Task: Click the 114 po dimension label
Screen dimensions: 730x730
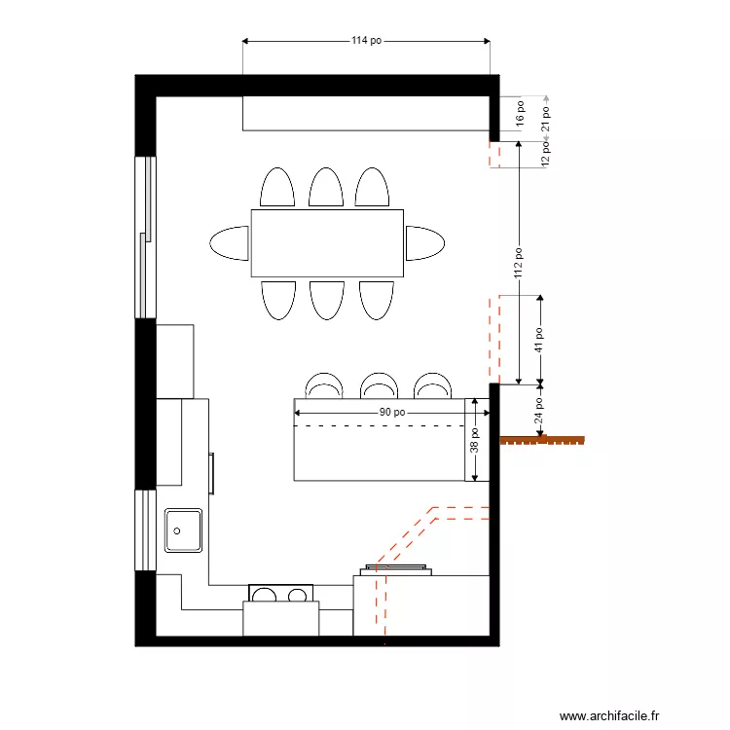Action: tap(366, 41)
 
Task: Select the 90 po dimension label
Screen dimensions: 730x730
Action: tap(392, 412)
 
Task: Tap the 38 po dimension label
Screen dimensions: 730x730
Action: tap(475, 440)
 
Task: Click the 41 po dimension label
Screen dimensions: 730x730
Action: tap(539, 338)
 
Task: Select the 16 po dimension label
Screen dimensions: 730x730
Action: tap(520, 115)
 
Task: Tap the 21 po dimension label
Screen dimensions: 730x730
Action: tap(546, 117)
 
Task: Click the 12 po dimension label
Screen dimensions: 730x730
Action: tap(546, 155)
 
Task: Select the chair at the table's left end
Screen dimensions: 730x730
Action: tap(231, 243)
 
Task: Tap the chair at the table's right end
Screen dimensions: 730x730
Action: tap(425, 243)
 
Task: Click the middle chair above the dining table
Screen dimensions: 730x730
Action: tap(326, 187)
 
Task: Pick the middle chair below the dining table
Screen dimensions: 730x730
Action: tap(327, 300)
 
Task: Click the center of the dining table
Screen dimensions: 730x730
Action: tap(327, 243)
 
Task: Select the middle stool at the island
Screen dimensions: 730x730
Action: tap(378, 385)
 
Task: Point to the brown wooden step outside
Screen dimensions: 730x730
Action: tap(543, 440)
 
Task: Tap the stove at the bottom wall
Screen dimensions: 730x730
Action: tap(281, 594)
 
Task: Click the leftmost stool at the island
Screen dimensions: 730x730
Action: tap(324, 385)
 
